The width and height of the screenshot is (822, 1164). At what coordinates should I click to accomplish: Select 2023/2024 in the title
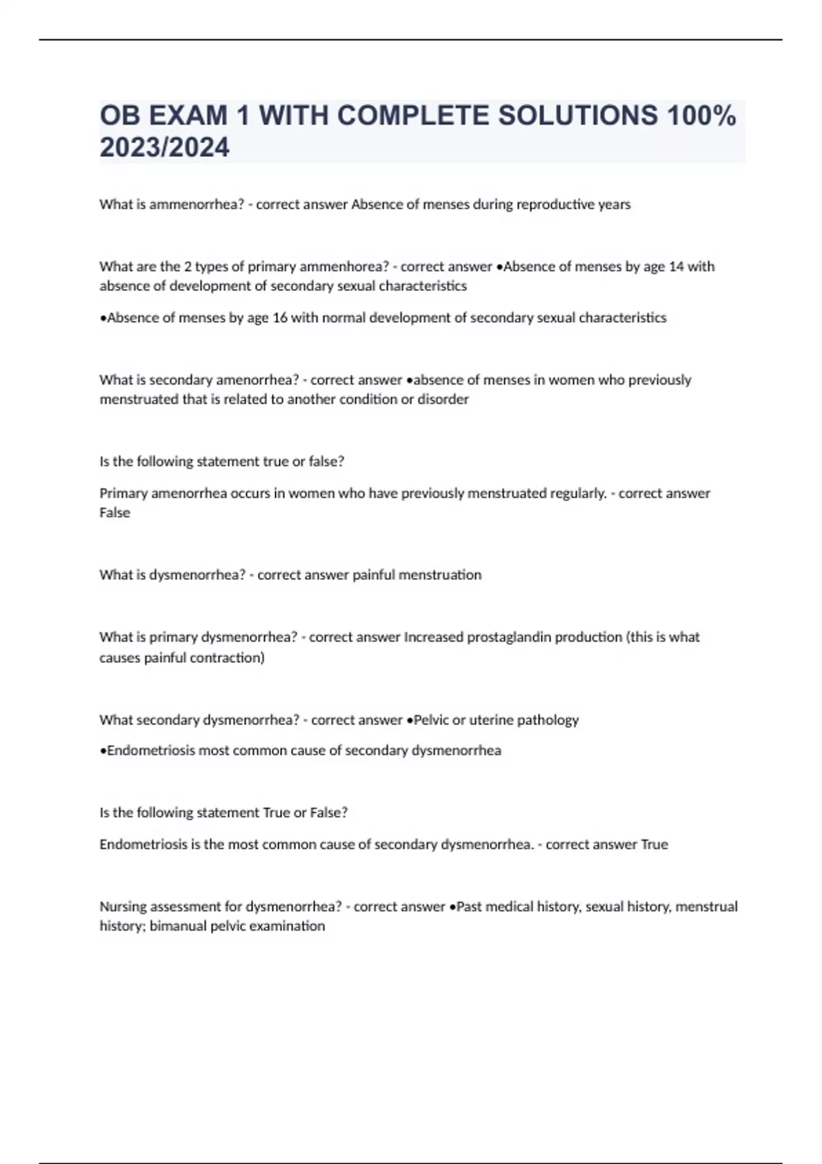tap(164, 147)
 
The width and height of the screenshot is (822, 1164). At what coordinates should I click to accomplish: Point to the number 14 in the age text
tap(676, 266)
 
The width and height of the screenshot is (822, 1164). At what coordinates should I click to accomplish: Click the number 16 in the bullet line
tap(279, 318)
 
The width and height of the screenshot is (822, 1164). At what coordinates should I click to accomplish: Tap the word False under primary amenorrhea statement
tap(114, 513)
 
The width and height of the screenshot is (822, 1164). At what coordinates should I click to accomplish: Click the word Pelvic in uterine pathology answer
tap(432, 720)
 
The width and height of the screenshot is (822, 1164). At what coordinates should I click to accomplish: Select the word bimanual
tap(177, 926)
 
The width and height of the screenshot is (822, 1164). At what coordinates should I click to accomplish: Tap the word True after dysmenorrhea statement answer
tap(654, 845)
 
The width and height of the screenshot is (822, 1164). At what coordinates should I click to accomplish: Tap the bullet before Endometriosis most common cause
tap(103, 751)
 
